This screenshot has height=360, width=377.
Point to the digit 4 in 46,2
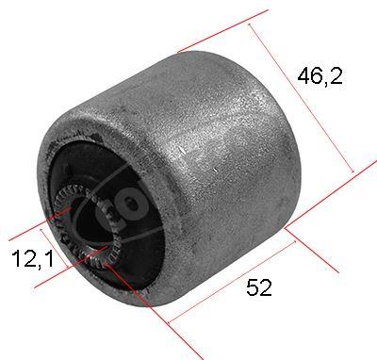[x=306, y=76]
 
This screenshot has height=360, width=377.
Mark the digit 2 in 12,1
[x=26, y=257]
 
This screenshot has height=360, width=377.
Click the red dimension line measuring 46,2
[x=302, y=99]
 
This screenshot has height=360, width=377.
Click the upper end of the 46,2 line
[x=250, y=26]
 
